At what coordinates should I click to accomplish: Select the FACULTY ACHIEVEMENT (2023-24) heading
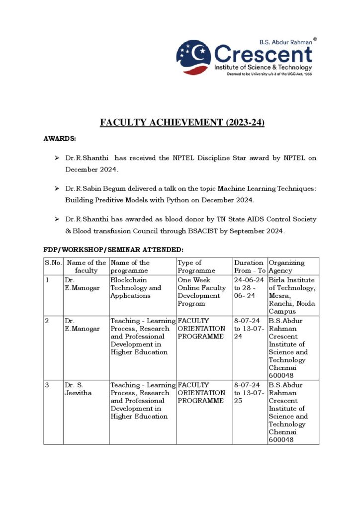pyautogui.click(x=182, y=122)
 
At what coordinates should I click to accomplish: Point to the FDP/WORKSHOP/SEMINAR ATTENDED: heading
pyautogui.click(x=114, y=249)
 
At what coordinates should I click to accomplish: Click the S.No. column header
pyautogui.click(x=53, y=262)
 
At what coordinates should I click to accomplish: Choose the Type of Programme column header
pyautogui.click(x=196, y=266)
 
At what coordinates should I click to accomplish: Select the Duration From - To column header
pyautogui.click(x=250, y=266)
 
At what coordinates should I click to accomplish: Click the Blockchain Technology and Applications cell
pyautogui.click(x=136, y=288)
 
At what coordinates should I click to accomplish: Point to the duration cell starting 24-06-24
pyautogui.click(x=250, y=288)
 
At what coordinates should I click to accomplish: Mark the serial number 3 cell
pyautogui.click(x=47, y=385)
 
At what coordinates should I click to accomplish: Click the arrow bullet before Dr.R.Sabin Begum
pyautogui.click(x=57, y=189)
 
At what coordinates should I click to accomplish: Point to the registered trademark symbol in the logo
pyautogui.click(x=314, y=39)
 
